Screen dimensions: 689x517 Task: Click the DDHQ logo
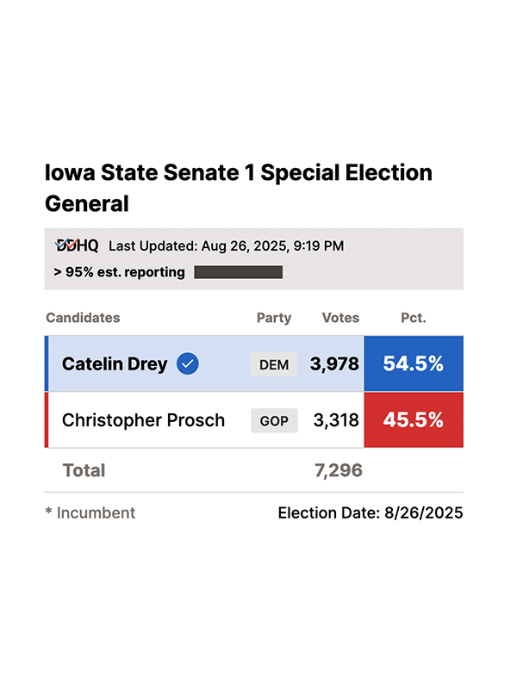click(77, 245)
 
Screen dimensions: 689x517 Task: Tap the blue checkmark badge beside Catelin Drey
click(188, 364)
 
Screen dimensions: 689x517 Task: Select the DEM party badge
click(274, 364)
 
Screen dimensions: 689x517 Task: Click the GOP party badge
click(274, 421)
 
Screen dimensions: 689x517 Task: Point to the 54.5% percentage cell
click(414, 364)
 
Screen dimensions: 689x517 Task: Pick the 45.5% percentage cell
click(414, 420)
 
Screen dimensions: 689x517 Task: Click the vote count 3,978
click(334, 364)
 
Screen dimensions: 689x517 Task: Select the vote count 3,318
click(334, 420)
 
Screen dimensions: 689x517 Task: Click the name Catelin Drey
click(115, 364)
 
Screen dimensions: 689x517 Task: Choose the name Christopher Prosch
click(143, 420)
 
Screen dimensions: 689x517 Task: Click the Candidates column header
click(83, 318)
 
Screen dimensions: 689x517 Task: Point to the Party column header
click(274, 318)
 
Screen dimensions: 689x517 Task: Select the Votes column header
click(340, 318)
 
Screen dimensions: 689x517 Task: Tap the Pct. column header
click(414, 318)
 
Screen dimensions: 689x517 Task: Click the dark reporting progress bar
click(238, 272)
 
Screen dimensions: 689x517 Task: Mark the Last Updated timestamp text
click(226, 246)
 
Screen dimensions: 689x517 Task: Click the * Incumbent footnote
click(90, 512)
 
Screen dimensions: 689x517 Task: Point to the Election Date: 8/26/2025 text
click(370, 512)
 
